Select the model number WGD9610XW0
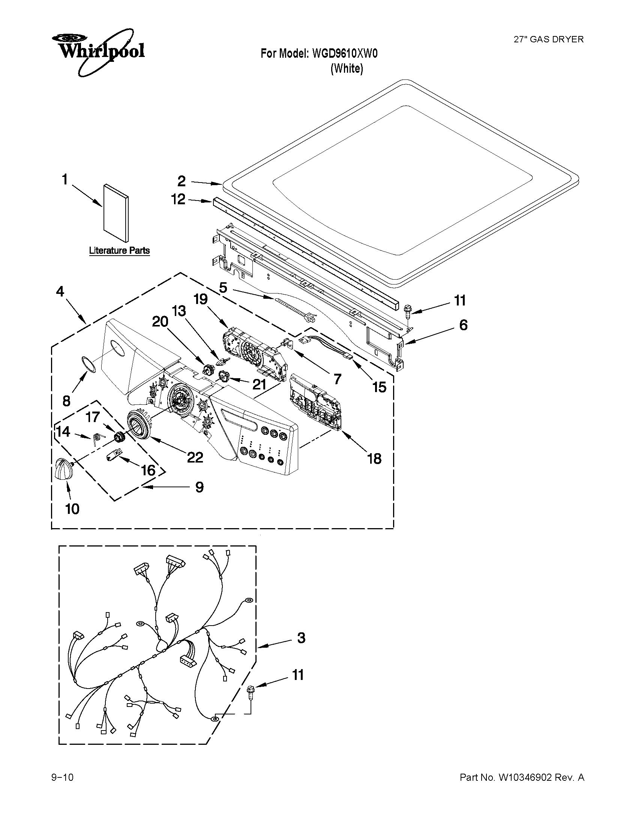(345, 54)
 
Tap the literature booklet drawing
(116, 213)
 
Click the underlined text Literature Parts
(119, 250)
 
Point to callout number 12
(179, 199)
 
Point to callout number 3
(301, 638)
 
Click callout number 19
(201, 299)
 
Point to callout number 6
(463, 325)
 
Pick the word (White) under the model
(347, 69)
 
